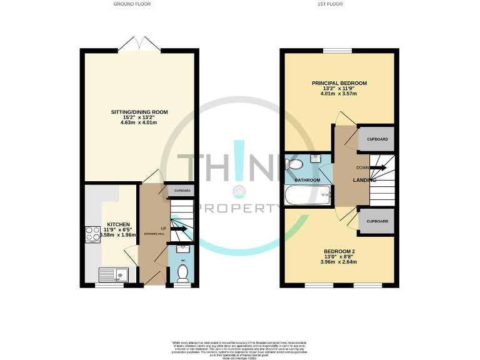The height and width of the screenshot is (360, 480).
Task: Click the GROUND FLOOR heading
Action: (x=132, y=4)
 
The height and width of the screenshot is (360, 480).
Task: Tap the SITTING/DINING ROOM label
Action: (x=139, y=112)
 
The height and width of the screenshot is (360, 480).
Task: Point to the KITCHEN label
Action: (x=118, y=224)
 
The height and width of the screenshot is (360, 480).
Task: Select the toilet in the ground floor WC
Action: (x=182, y=272)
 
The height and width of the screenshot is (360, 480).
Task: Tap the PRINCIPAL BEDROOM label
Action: (x=339, y=83)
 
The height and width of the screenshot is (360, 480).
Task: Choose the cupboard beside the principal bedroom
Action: (x=377, y=139)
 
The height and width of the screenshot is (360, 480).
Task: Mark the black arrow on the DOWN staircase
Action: (x=377, y=168)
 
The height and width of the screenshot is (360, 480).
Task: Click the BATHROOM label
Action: (x=307, y=181)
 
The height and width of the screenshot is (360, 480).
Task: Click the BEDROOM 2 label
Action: (x=339, y=251)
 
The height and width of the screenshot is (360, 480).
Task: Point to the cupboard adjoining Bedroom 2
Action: (x=377, y=221)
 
